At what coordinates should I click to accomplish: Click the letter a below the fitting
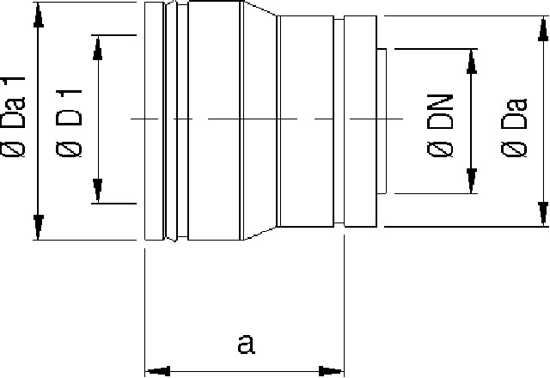[246, 344]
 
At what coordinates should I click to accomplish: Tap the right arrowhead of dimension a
[332, 371]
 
